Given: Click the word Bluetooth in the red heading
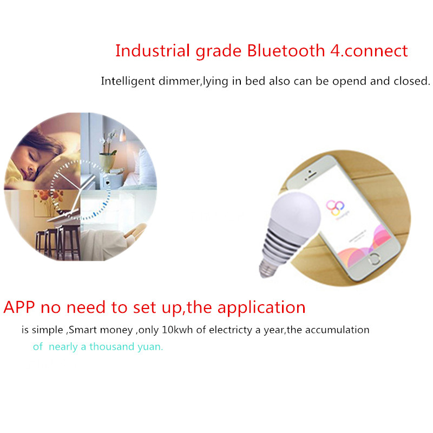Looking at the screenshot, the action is (286, 50).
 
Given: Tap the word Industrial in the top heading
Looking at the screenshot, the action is (153, 50).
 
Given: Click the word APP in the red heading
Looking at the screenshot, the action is (19, 307).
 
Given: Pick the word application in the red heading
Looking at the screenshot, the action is (261, 307).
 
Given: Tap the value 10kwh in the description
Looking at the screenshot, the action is (177, 330).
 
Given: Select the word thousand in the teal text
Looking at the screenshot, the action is (111, 346).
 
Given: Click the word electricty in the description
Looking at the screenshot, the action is (231, 330).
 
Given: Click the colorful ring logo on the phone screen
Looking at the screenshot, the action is (335, 208).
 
